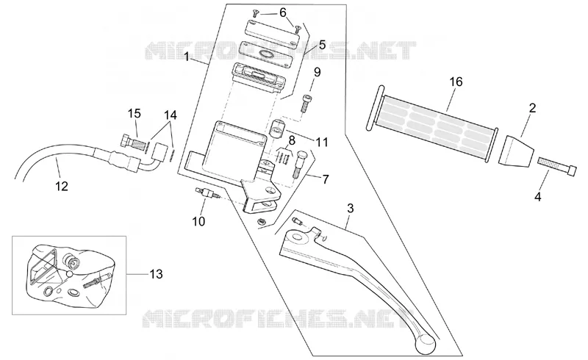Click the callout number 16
point(456,82)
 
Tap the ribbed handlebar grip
point(432,123)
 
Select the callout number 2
point(532,109)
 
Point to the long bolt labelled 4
point(556,166)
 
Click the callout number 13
point(156,275)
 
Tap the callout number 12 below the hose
point(62,186)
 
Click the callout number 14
point(171,115)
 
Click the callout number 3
point(351,208)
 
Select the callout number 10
point(198,221)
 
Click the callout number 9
point(318,73)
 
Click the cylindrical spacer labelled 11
point(277,130)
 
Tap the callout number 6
point(283,12)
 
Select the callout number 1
point(187,57)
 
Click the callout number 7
point(326,179)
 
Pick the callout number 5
point(322,46)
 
